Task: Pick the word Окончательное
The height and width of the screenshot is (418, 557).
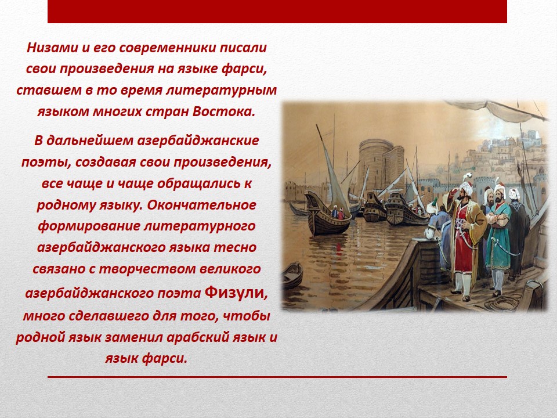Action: pyautogui.click(x=201, y=205)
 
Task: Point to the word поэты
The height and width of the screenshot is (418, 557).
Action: pyautogui.click(x=43, y=163)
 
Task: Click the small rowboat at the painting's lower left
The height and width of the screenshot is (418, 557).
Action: pyautogui.click(x=292, y=275)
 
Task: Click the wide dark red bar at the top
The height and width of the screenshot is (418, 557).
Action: pyautogui.click(x=277, y=12)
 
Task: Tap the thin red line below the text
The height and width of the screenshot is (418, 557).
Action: pyautogui.click(x=277, y=377)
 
